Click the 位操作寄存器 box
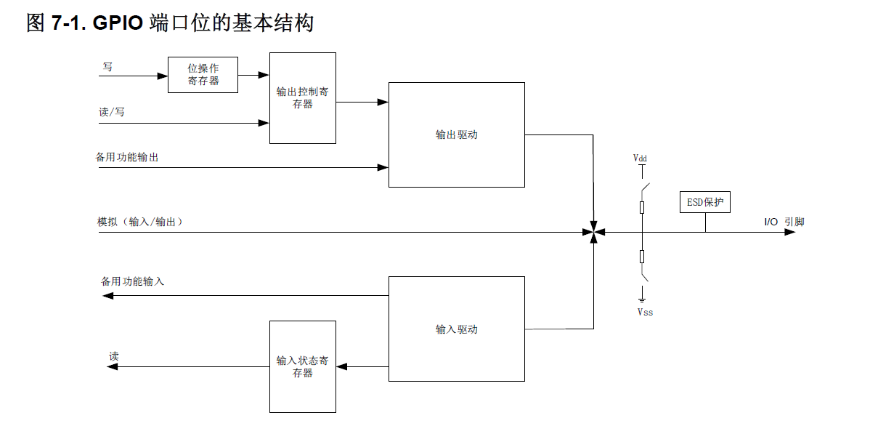[x=203, y=75]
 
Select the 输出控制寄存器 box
[x=302, y=98]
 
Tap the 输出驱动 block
[x=456, y=134]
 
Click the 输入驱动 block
[x=456, y=329]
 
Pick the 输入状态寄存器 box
[x=302, y=366]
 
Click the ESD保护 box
[x=704, y=202]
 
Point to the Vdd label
[x=641, y=157]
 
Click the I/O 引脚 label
[x=783, y=222]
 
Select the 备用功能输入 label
[x=132, y=281]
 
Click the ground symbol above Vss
[x=642, y=298]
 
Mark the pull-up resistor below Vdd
[x=642, y=208]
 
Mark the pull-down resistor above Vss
[x=642, y=256]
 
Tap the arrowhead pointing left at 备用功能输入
[x=104, y=295]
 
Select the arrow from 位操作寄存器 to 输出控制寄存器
[x=253, y=75]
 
